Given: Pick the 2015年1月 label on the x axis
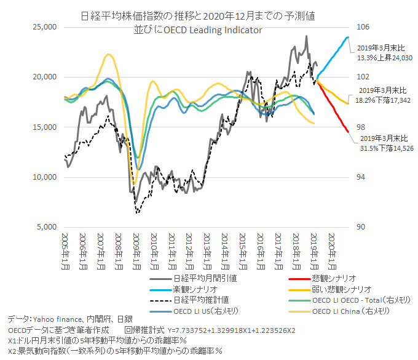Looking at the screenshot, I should point(243,249).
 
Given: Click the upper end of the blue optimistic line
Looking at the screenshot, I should point(348,38).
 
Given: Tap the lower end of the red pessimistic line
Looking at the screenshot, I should point(347,131).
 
